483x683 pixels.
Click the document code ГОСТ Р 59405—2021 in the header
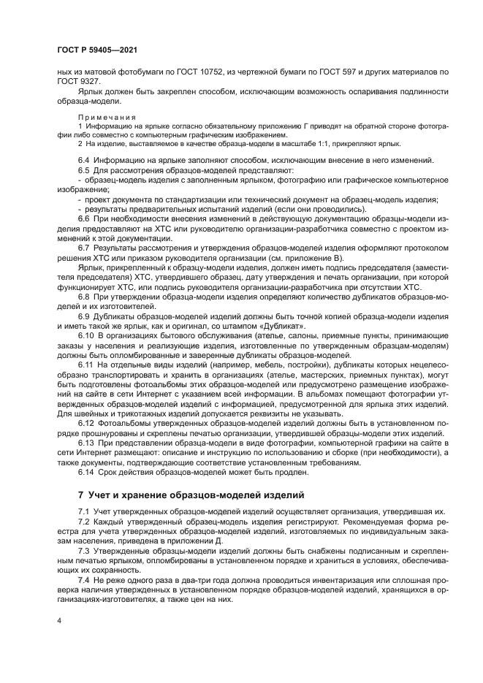tap(96, 49)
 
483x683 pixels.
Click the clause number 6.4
tap(83, 159)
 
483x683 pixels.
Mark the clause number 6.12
tap(85, 424)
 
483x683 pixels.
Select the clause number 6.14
tap(85, 471)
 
